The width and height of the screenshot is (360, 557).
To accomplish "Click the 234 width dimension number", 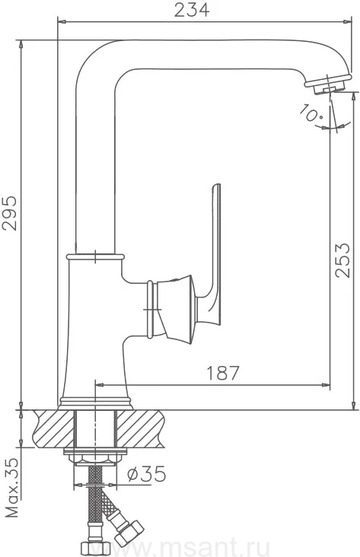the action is [192, 10].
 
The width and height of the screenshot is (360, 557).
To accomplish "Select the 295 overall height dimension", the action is [10, 213].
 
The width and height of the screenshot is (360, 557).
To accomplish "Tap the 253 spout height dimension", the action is [342, 260].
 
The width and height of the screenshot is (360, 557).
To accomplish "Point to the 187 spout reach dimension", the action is [223, 373].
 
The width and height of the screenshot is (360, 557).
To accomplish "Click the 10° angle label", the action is [311, 113].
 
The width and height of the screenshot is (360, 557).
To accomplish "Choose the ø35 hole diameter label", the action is [146, 473].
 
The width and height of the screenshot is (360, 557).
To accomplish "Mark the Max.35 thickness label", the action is [12, 487].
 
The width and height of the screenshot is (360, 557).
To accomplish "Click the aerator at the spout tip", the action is [328, 84].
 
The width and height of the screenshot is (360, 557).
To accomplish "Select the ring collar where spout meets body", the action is [95, 256].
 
